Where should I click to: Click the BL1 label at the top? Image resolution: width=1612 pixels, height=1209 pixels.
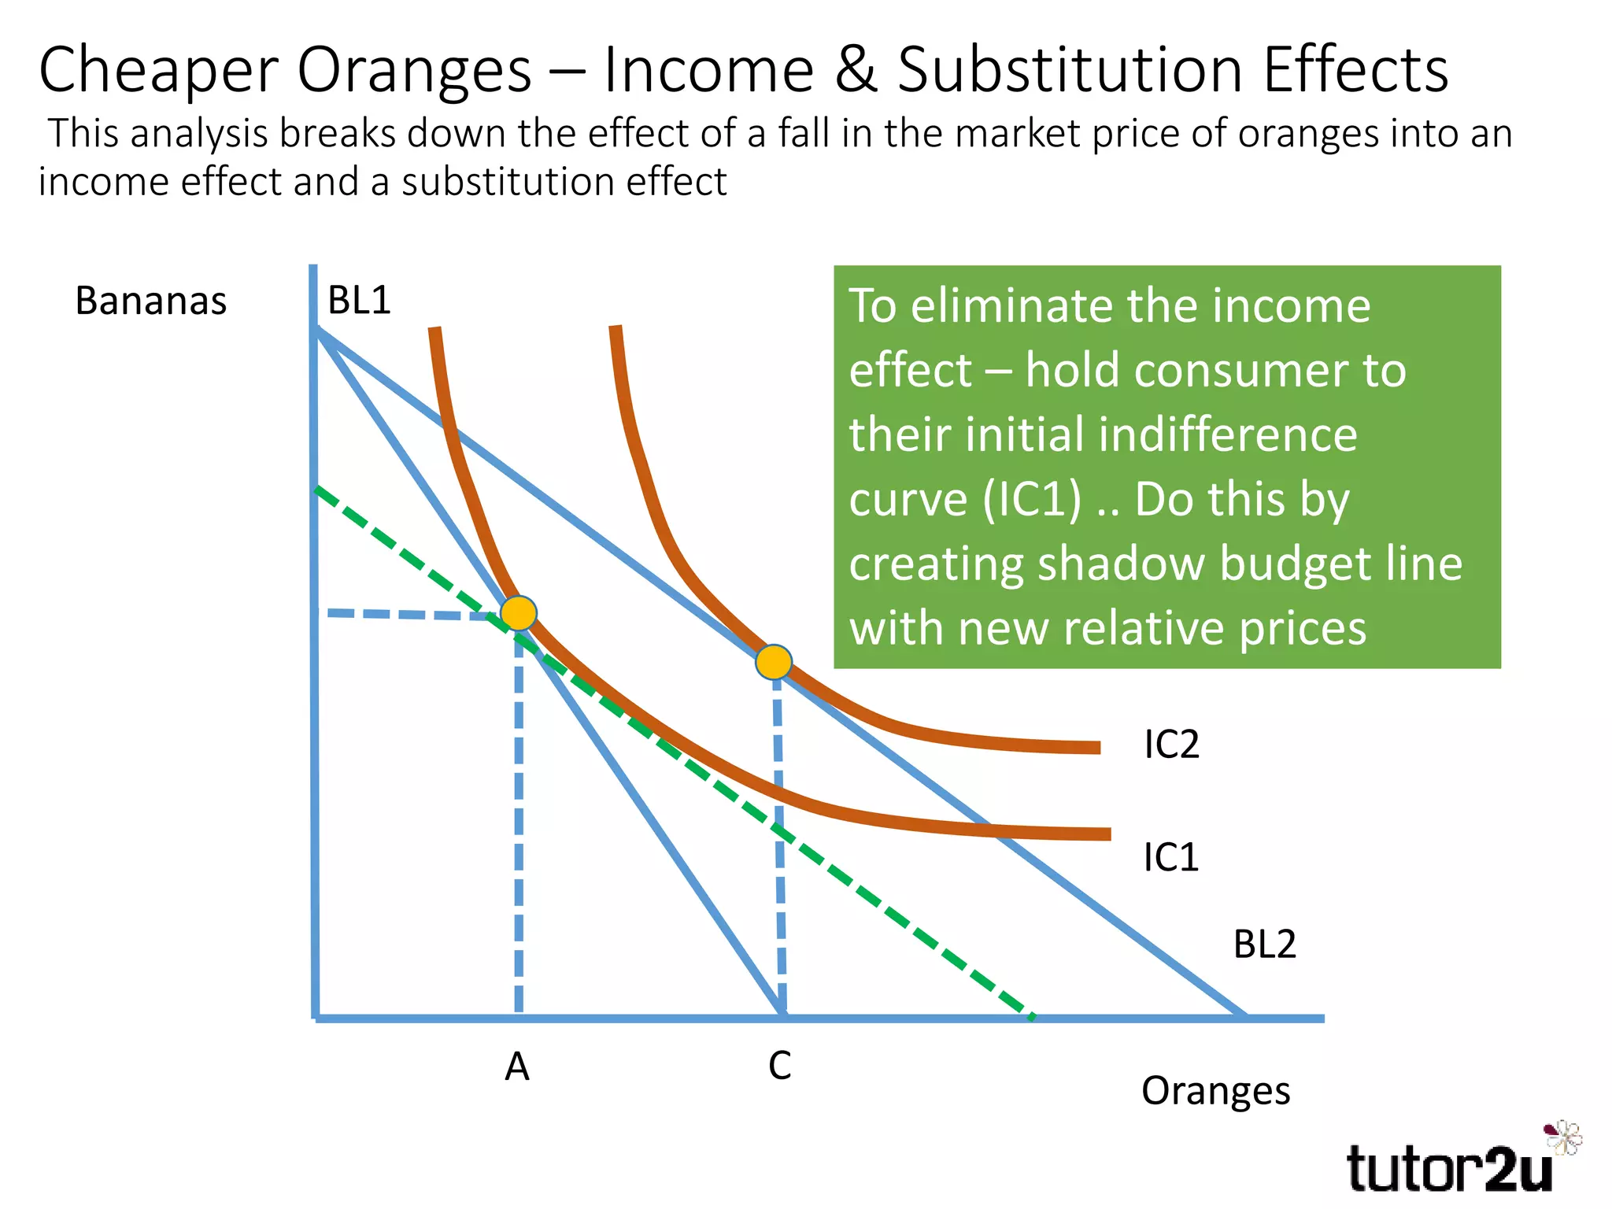tap(359, 300)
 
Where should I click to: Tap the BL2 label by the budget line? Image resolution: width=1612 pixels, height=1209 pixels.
tap(1264, 944)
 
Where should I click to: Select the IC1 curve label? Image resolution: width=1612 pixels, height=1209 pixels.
tap(1170, 857)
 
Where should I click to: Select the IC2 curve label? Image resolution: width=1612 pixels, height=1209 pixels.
tap(1170, 744)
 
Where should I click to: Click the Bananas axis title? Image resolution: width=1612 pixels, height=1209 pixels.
tap(150, 301)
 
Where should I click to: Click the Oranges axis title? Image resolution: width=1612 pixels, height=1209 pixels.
tap(1215, 1091)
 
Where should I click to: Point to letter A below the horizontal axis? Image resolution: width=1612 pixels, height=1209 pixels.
tap(517, 1067)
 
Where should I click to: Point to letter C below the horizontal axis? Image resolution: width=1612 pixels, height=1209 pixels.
tap(779, 1067)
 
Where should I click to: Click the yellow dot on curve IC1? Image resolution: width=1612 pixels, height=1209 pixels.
tap(519, 612)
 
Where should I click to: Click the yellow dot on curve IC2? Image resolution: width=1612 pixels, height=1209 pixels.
tap(773, 662)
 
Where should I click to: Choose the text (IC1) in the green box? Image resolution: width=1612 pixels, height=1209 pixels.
tap(1032, 500)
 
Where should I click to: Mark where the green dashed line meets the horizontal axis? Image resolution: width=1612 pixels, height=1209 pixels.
tap(1033, 1018)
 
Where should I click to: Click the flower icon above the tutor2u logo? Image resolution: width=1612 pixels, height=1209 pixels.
tap(1563, 1137)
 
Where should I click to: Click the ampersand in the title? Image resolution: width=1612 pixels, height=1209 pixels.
tap(856, 70)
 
